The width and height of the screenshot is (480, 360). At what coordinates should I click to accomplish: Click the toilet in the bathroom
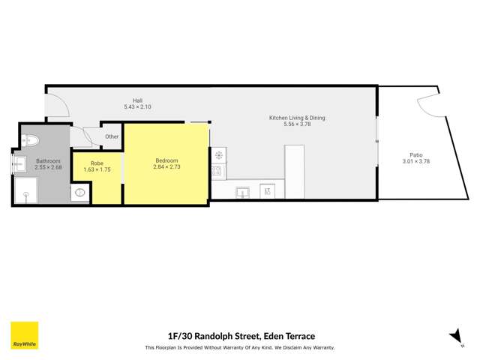pyautogui.click(x=30, y=139)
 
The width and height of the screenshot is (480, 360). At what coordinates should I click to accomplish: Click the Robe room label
pyautogui.click(x=97, y=163)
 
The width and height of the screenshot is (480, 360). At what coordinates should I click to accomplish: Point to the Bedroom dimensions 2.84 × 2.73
pyautogui.click(x=166, y=166)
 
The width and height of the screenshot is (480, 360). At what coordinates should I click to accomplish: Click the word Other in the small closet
pyautogui.click(x=112, y=136)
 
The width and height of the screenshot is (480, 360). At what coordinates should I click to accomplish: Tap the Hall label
pyautogui.click(x=137, y=100)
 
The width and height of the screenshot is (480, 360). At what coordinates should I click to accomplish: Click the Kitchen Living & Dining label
pyautogui.click(x=297, y=118)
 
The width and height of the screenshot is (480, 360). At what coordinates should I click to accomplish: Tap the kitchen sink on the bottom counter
pyautogui.click(x=242, y=192)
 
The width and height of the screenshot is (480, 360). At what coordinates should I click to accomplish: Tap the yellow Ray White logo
pyautogui.click(x=24, y=335)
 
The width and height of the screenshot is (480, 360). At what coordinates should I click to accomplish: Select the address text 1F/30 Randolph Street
pyautogui.click(x=212, y=336)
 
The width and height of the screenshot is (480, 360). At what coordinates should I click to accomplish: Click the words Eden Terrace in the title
pyautogui.click(x=289, y=336)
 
